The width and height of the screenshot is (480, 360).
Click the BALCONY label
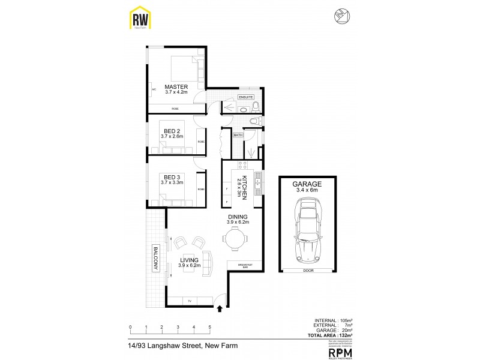pos(155,258)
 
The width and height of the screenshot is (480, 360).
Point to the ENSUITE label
pos(246,97)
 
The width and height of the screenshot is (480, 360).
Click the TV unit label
pos(190,301)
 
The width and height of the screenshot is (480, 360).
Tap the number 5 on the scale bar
pos(209,328)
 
